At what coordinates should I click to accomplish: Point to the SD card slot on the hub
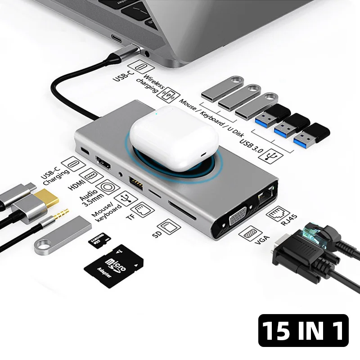coord(182,210)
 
